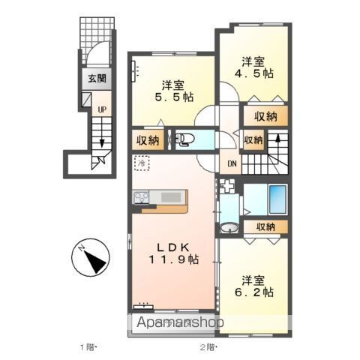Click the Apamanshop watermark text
click(x=180, y=322)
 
